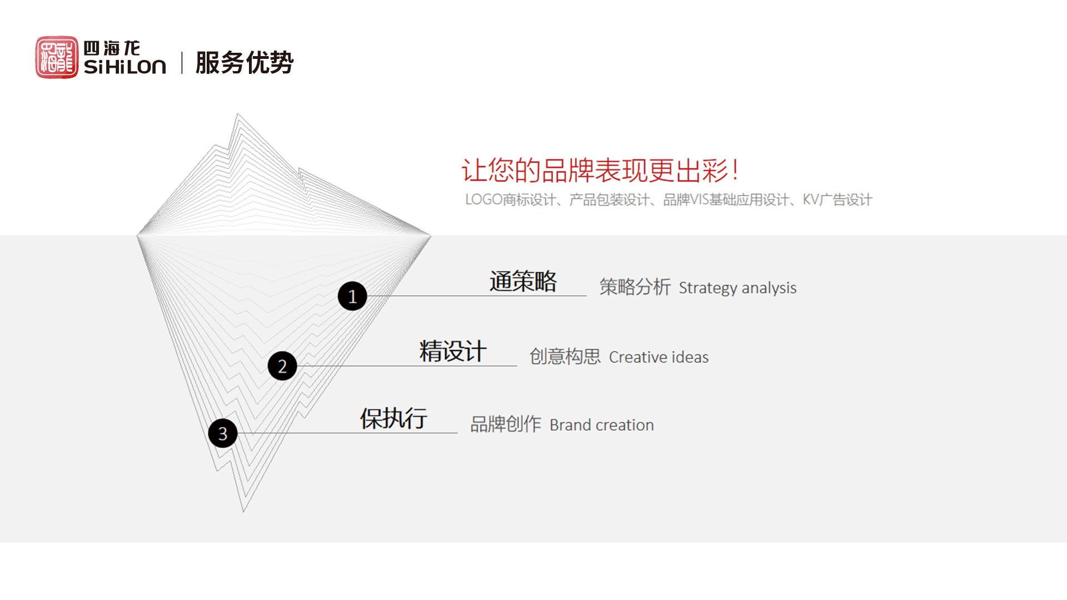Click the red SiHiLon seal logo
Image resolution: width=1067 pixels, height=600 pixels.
point(57,57)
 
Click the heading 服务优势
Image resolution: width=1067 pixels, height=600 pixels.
point(245,62)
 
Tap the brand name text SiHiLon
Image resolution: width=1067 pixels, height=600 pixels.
point(125,67)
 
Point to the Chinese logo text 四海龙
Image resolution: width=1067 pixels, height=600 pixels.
point(112,48)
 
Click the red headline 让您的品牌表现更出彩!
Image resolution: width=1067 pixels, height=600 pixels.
point(600,170)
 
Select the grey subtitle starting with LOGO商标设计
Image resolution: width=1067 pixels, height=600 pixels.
point(669,199)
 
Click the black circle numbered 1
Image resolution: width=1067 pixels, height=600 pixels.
point(352,296)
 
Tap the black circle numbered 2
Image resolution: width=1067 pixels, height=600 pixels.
point(282,366)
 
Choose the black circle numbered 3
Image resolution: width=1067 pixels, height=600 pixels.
point(223,433)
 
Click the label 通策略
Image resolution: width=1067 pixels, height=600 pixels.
point(523,281)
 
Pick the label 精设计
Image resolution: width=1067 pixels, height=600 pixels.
point(453,351)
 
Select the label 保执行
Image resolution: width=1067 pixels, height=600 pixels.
point(393,418)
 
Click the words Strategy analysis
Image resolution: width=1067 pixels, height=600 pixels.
point(737,288)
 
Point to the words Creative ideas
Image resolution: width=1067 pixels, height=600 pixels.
point(659,357)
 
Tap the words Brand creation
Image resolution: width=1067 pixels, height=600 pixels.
point(602,425)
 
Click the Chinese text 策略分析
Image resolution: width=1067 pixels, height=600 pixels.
point(635,287)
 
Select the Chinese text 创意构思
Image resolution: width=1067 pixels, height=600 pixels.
point(565,356)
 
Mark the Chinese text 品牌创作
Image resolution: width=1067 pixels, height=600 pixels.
point(506,424)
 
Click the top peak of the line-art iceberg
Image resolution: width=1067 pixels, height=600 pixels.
point(238,114)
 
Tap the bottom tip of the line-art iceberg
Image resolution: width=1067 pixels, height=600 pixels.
point(243,512)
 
